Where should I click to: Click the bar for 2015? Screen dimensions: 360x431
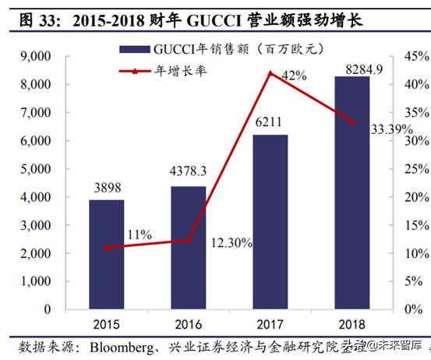click(106, 254)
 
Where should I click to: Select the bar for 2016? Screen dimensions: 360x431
click(188, 247)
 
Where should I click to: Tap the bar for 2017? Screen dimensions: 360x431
click(270, 221)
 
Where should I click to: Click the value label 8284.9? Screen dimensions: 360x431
click(352, 69)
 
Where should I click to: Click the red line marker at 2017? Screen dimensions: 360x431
click(270, 73)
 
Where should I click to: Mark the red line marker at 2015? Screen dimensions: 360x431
click(106, 248)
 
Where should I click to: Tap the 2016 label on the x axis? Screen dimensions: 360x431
click(188, 323)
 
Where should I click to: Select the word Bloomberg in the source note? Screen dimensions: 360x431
click(122, 345)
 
